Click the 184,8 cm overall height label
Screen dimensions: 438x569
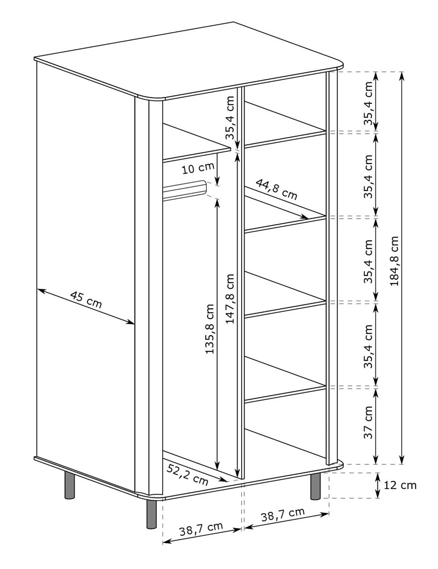pos(394,261)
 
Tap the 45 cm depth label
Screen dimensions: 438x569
pos(86,300)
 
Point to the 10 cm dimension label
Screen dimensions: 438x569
pos(198,168)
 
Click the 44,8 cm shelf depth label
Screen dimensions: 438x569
pos(276,189)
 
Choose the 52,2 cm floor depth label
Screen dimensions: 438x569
pos(187,474)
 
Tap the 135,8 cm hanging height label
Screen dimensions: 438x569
pos(210,329)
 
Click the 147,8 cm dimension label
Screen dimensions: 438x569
pos(229,299)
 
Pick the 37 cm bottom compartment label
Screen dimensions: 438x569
pos(368,422)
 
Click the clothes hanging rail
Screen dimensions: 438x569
pos(185,190)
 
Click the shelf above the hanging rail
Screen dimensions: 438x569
pos(197,143)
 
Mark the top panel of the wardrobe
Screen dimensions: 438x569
pos(188,61)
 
